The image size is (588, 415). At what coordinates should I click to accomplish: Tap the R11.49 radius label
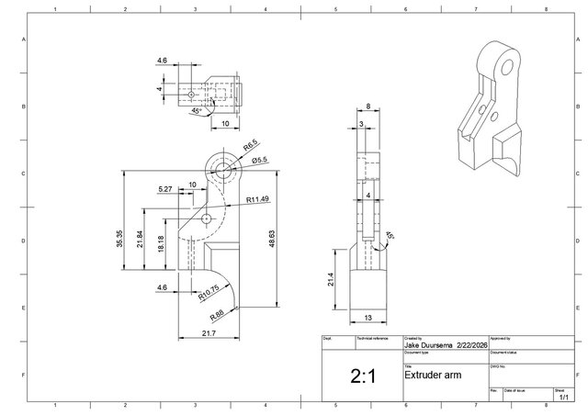click(x=257, y=199)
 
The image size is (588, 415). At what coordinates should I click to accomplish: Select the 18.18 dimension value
click(x=161, y=243)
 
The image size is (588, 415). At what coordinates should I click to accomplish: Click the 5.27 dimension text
click(x=165, y=189)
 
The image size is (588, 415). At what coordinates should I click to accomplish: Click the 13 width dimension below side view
click(x=367, y=317)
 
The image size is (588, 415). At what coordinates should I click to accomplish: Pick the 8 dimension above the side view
click(x=367, y=107)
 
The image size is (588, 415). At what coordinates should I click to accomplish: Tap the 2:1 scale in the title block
click(x=360, y=376)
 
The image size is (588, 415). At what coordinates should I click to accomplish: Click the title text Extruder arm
click(x=434, y=376)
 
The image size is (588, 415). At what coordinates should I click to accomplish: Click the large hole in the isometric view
click(x=503, y=67)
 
